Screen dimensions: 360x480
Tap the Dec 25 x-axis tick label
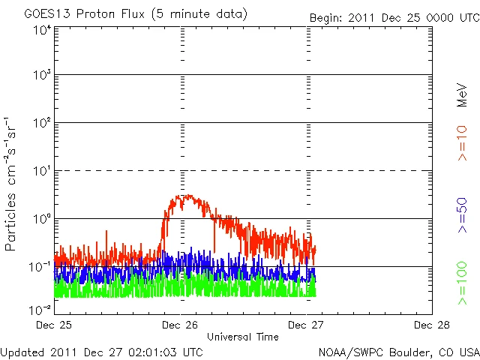coord(54,325)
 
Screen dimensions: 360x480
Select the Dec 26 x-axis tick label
coord(180,325)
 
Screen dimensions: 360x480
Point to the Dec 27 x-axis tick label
coord(306,325)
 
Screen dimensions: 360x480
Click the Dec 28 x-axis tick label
coord(431,325)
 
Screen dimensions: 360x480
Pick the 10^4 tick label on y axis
coord(42,31)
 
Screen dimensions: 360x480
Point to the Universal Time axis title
coord(242,336)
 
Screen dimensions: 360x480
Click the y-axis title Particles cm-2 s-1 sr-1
coord(13,183)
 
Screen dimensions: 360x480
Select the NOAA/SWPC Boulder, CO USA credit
coord(398,352)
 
